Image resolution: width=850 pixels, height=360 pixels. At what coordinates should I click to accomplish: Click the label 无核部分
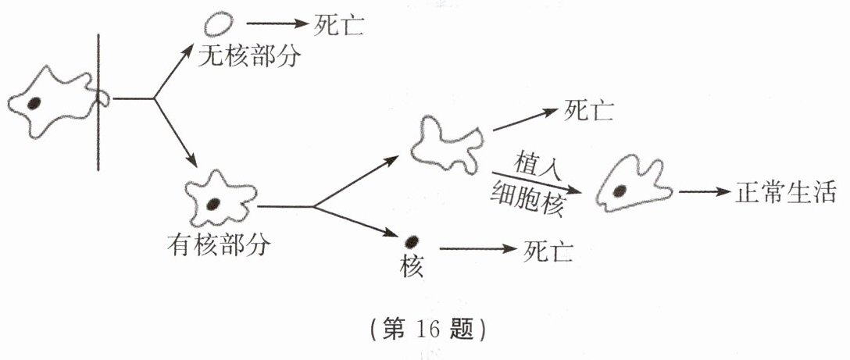[x=249, y=56]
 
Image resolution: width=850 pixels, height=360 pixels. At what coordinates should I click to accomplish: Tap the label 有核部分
[x=218, y=244]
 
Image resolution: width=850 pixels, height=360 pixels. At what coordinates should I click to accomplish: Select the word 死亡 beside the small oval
[x=340, y=25]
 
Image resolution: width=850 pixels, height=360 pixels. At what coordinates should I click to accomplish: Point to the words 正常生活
[x=785, y=192]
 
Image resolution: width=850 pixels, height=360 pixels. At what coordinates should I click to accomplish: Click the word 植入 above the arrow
[x=535, y=163]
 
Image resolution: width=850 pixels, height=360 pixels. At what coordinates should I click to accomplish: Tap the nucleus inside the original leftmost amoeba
[x=34, y=103]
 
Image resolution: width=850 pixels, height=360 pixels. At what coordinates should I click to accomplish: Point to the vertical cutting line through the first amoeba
[x=98, y=102]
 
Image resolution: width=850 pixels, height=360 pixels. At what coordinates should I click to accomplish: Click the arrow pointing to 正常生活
[x=702, y=192]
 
